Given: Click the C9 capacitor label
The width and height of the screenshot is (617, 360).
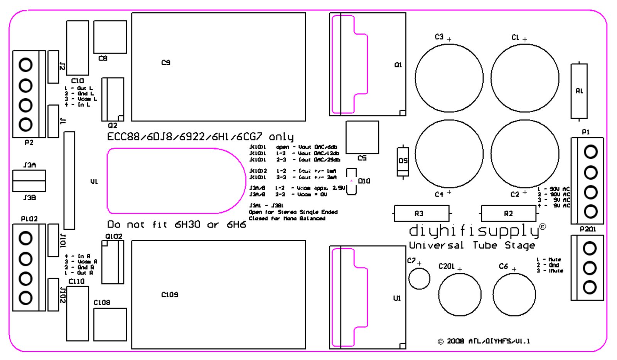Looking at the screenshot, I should click(166, 62).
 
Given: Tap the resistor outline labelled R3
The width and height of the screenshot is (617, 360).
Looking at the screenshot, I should click(421, 213).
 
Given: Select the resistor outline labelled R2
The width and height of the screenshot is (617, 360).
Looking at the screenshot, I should click(509, 213).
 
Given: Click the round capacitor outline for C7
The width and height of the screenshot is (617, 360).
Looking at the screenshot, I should click(419, 278).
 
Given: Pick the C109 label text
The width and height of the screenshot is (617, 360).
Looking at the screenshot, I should click(170, 295).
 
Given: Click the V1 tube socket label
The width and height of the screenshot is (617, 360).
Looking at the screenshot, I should click(94, 182).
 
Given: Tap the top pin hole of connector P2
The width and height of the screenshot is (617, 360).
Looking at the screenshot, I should click(26, 65).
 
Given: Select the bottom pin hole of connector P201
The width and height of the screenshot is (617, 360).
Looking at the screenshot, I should click(590, 287).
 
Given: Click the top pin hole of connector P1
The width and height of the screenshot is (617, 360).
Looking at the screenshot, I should click(590, 152).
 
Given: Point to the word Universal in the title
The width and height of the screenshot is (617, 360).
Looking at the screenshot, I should click(436, 245).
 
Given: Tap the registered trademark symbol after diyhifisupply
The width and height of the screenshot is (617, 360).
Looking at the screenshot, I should click(543, 227).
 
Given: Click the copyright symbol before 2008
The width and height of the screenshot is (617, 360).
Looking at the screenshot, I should click(441, 341).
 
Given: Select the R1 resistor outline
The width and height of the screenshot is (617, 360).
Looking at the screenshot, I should click(579, 91).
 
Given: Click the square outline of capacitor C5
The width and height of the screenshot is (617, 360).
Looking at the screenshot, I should click(362, 137).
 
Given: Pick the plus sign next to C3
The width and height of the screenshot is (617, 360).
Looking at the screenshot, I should click(449, 39).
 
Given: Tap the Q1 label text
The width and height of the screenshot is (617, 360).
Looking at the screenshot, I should click(398, 65).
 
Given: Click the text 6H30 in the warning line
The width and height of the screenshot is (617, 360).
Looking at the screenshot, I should click(187, 224).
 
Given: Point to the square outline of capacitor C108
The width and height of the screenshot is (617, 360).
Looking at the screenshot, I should click(110, 324).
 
